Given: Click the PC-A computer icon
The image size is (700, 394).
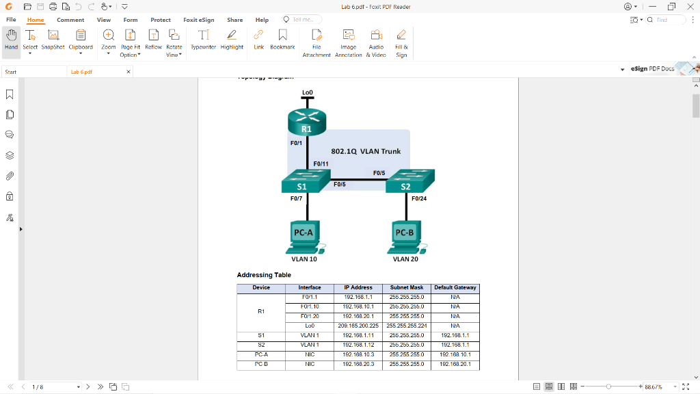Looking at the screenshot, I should (x=304, y=236).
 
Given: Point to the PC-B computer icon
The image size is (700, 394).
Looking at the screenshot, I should (x=405, y=236).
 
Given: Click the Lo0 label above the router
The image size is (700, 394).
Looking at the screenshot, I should (x=308, y=92).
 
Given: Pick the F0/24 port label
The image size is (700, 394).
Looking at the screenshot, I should (x=419, y=199).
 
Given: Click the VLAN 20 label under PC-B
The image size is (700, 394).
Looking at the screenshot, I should (x=405, y=259).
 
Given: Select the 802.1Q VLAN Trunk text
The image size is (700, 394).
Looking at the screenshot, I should (x=366, y=151).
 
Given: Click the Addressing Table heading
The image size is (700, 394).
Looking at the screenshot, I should (x=264, y=275).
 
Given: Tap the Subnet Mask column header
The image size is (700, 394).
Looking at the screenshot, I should (x=407, y=288).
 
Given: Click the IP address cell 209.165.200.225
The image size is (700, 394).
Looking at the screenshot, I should (x=358, y=326).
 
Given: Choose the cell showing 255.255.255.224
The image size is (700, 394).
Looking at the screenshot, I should (x=407, y=326).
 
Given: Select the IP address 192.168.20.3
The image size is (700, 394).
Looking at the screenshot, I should (x=358, y=365).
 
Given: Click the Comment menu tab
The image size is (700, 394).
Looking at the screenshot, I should (x=70, y=20).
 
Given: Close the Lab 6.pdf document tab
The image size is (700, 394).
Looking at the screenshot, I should (x=129, y=72).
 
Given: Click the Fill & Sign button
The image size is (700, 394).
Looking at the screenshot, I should (x=401, y=42).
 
